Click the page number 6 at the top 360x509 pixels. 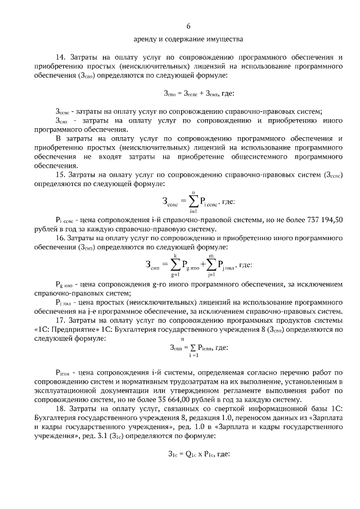coord(188,26)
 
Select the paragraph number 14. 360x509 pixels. coord(61,57)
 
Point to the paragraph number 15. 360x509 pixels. coord(61,175)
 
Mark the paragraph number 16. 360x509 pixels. coord(61,238)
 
